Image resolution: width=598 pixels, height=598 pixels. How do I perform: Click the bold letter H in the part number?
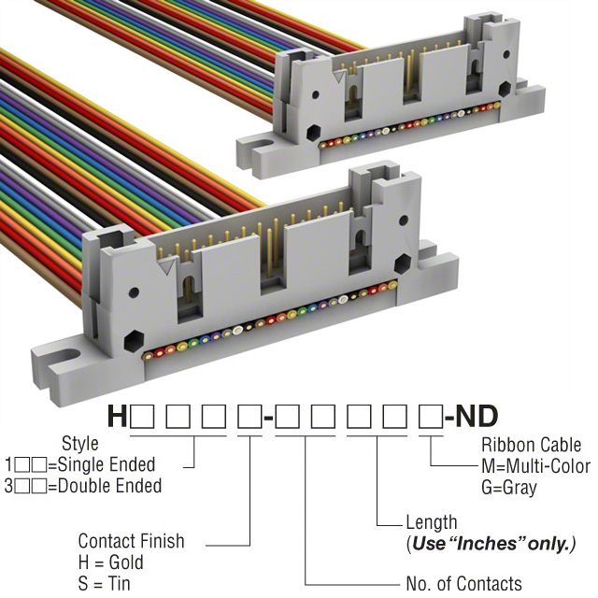coord(118,416)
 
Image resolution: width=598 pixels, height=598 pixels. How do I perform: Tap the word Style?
coord(79,443)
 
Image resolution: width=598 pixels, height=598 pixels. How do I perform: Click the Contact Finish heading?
coord(131,541)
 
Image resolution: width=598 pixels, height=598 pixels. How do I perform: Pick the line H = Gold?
coord(111,562)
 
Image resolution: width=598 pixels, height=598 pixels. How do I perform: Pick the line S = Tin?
coord(106,584)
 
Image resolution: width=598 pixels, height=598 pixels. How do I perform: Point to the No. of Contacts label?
coord(463,584)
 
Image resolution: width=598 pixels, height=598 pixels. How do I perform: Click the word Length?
coord(432,522)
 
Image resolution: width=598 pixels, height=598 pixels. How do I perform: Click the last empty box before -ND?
coord(431,416)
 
